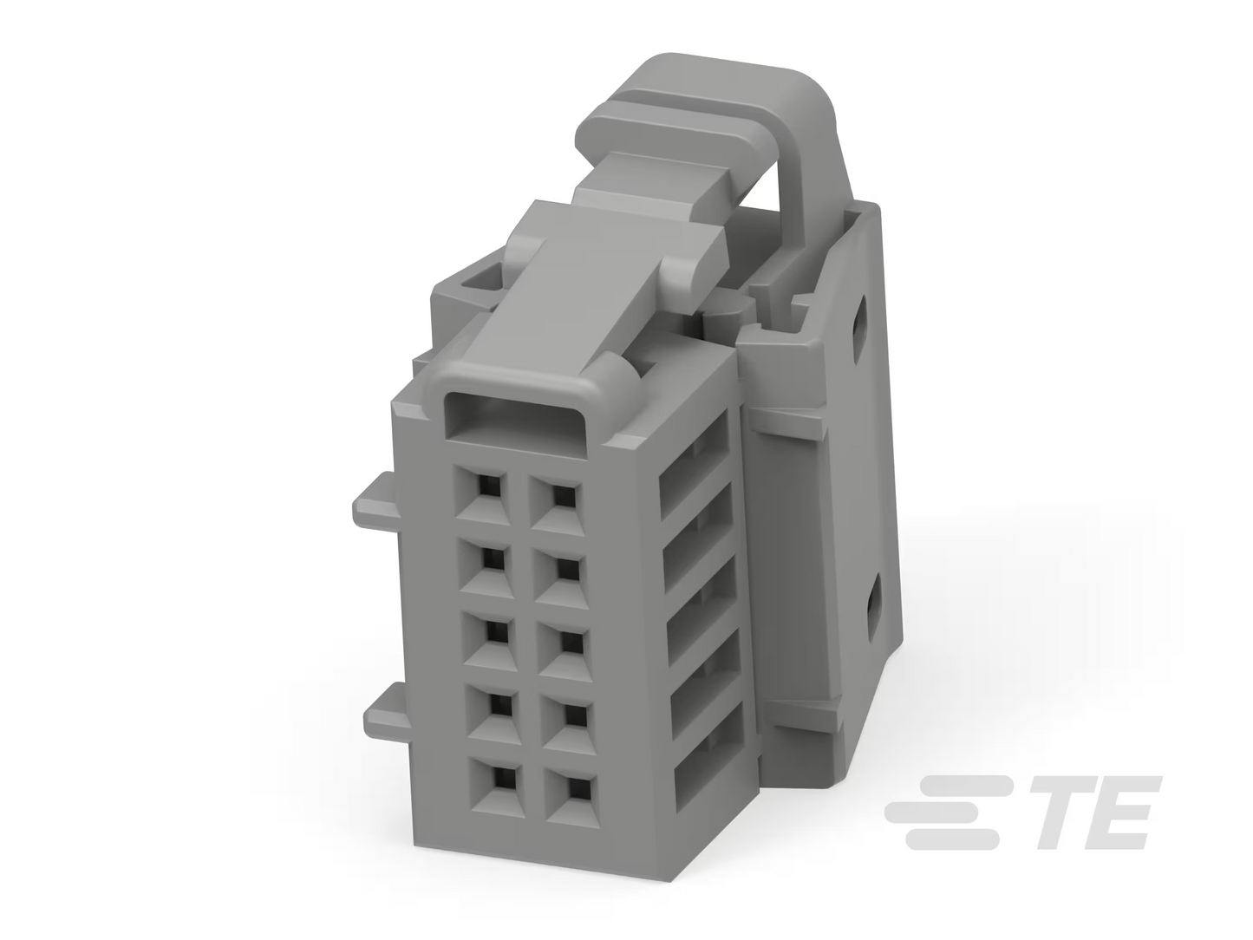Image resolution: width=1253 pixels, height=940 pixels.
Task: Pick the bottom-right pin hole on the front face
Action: click(578, 786)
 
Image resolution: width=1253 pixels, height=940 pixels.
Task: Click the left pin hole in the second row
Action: click(493, 559)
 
